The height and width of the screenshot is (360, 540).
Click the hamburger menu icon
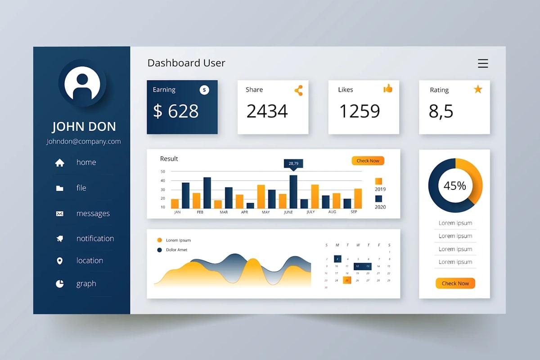483,63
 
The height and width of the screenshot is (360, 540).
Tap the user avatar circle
82,83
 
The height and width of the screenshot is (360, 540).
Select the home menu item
86,162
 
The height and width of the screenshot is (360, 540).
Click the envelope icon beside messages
59,214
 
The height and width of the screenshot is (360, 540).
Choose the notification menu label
95,238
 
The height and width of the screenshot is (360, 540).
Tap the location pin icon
59,261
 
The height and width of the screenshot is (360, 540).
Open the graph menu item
86,284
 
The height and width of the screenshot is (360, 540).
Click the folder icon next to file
59,189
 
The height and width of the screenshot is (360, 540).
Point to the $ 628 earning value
175,111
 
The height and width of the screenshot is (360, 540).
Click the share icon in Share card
298,90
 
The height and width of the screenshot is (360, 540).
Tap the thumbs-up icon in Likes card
387,89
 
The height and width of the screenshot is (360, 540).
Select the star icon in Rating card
477,90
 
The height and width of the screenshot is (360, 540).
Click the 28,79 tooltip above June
293,163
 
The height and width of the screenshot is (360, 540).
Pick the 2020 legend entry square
378,198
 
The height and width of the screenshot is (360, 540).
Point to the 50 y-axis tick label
162,171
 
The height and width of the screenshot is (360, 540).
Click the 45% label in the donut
455,185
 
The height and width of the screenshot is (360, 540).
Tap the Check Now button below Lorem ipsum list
455,283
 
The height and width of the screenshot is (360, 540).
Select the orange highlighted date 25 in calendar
347,280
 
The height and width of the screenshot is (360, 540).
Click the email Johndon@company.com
83,141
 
